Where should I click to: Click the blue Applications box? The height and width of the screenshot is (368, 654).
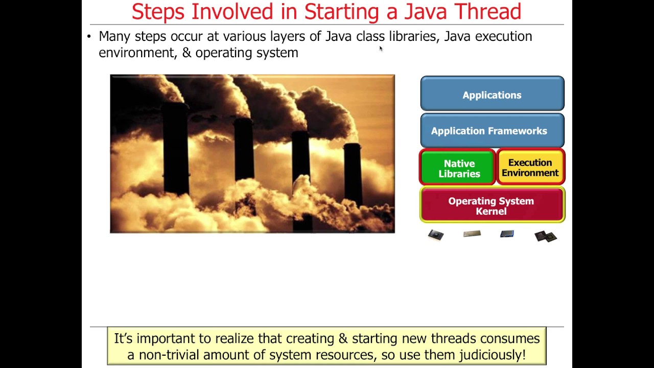point(492,95)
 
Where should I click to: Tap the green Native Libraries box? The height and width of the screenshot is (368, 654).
point(459,168)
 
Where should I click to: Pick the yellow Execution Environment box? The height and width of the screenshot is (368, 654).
point(530,168)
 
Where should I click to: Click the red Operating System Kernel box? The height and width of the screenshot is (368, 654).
point(491,205)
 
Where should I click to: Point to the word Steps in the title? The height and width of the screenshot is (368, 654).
point(158,12)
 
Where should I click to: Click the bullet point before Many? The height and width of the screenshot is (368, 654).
point(89,36)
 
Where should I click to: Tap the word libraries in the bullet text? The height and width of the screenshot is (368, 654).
point(412,36)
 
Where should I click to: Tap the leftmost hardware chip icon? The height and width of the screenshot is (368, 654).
point(436,235)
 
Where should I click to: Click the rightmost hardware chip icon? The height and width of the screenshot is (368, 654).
point(545,236)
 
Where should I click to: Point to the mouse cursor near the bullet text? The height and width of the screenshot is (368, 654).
point(381,49)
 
